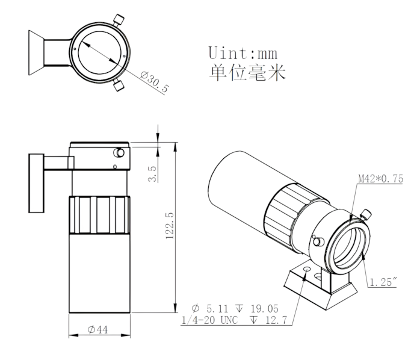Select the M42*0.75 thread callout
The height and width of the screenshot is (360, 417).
380,179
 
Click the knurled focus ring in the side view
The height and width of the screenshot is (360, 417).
99,216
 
